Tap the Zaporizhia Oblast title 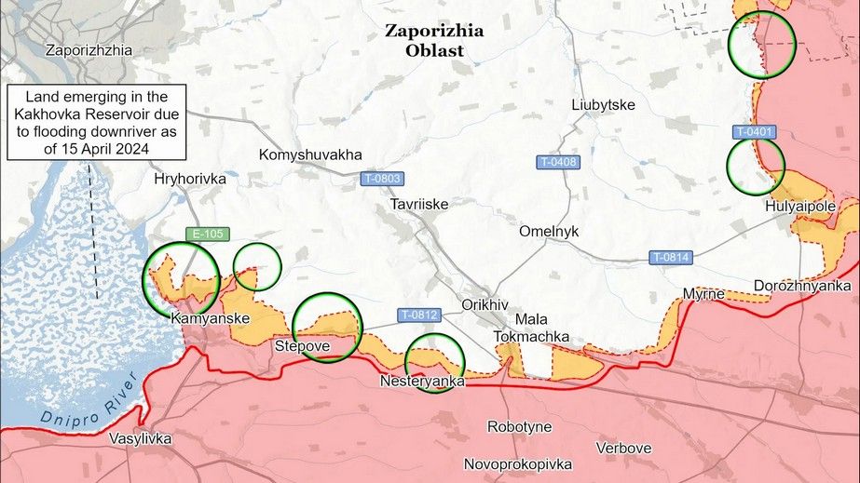pyautogui.click(x=434, y=40)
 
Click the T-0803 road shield pyautogui.click(x=382, y=178)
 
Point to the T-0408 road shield pyautogui.click(x=559, y=162)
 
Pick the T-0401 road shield pyautogui.click(x=754, y=132)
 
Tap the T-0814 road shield pyautogui.click(x=671, y=257)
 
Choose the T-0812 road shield pyautogui.click(x=419, y=315)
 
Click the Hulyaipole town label pyautogui.click(x=799, y=207)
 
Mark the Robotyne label pyautogui.click(x=519, y=427)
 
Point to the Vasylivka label pyautogui.click(x=140, y=438)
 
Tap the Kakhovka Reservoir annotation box pyautogui.click(x=97, y=123)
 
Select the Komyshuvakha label pyautogui.click(x=310, y=154)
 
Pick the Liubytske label pyautogui.click(x=604, y=105)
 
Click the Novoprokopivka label pyautogui.click(x=518, y=463)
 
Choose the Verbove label pyautogui.click(x=623, y=448)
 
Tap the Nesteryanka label pyautogui.click(x=421, y=382)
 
